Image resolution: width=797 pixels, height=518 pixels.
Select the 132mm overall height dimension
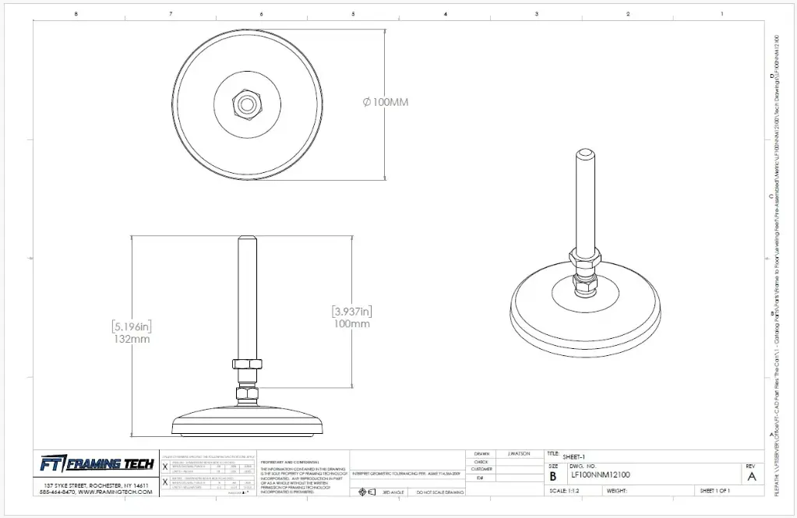point(131,339)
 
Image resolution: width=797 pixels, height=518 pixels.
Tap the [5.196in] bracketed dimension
point(130,326)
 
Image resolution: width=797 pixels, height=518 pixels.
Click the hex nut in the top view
point(247,101)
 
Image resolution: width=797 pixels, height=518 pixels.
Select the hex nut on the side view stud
point(247,364)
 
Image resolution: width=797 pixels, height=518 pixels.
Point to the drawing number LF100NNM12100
point(600,474)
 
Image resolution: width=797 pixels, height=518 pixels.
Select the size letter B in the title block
point(553,475)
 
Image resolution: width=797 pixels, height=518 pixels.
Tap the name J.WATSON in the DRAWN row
point(519,453)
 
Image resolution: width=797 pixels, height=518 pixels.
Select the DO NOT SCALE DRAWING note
point(440,493)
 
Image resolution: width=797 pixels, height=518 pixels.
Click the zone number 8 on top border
point(76,14)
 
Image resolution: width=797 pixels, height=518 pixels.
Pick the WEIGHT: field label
point(617,491)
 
